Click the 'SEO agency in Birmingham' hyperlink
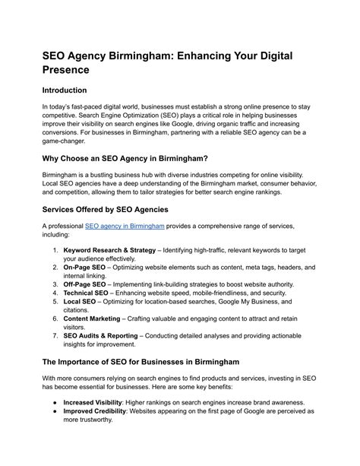[x=125, y=226]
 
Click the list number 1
[x=55, y=250]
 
